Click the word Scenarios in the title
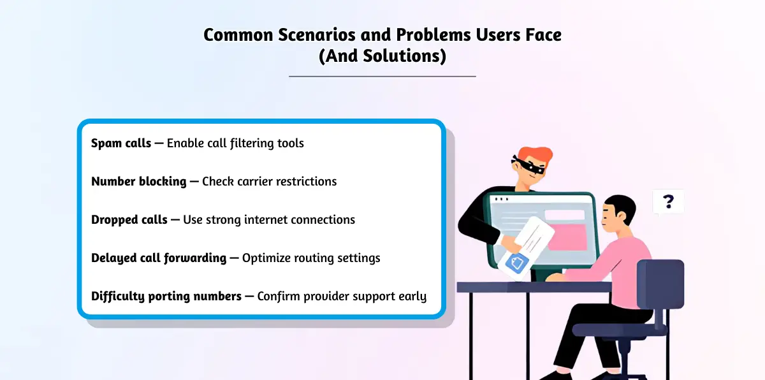click(317, 35)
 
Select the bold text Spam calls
click(121, 143)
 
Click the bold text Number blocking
click(139, 181)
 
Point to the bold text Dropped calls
click(129, 219)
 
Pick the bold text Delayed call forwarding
click(159, 258)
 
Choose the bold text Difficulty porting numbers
click(166, 296)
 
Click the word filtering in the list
click(252, 143)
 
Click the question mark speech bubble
click(668, 201)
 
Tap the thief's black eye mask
click(528, 165)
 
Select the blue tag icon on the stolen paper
click(517, 263)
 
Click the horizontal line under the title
click(382, 77)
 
